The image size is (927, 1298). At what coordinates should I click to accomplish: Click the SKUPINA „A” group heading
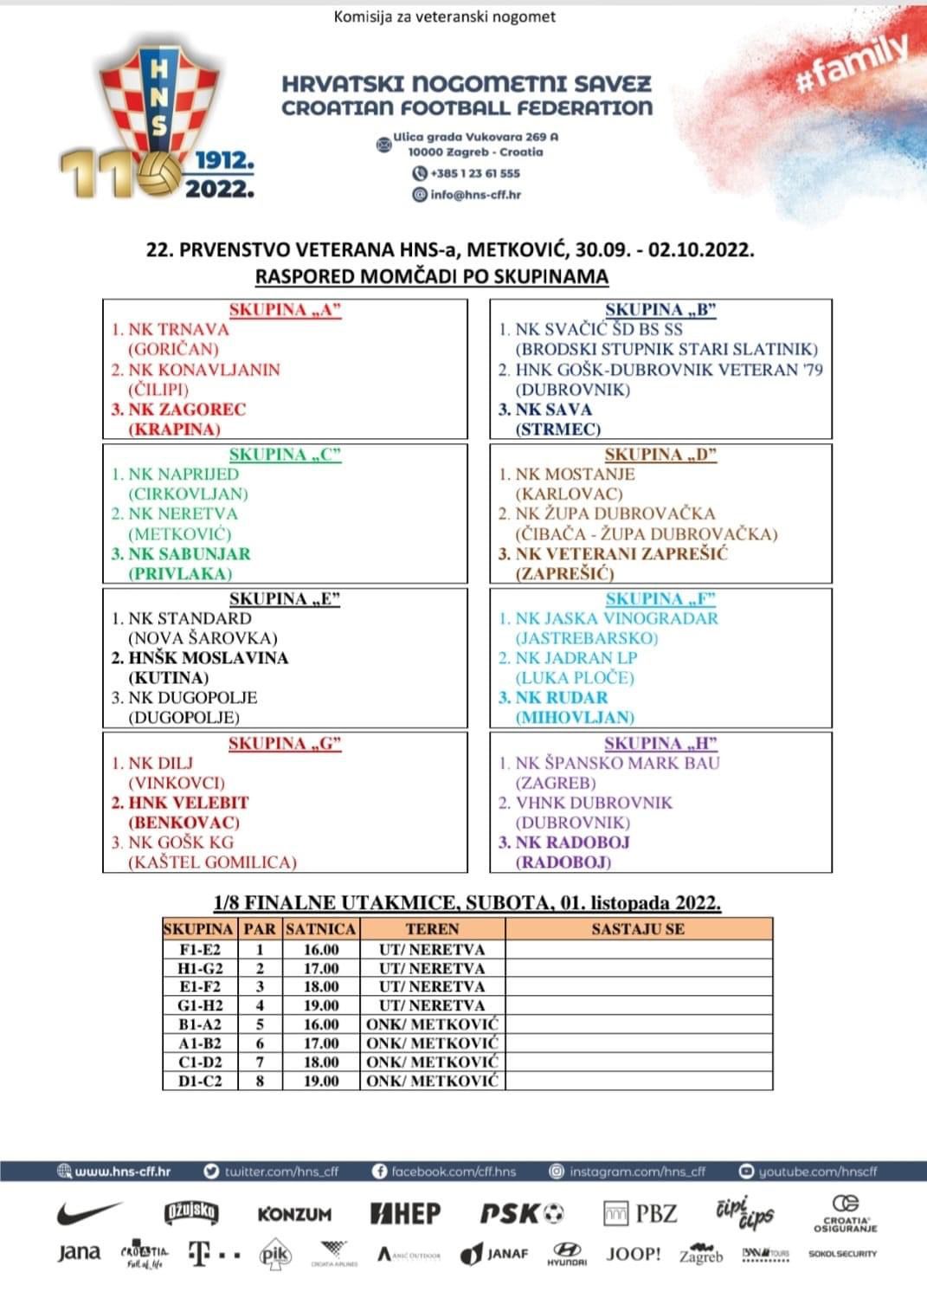coord(286,310)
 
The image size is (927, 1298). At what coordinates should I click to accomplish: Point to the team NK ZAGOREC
coord(187,410)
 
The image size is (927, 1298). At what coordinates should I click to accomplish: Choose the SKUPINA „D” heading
coord(661,455)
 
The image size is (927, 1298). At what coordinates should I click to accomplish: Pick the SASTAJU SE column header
coord(638,929)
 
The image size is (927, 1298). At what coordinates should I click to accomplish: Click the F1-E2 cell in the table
coord(199,949)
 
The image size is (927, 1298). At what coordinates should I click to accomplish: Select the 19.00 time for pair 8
coord(321,1081)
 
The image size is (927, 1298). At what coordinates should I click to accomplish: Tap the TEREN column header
coord(432,929)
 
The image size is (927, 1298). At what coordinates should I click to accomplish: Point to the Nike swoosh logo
coord(90,1212)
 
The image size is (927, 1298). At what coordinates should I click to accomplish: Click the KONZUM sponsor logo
coord(294,1214)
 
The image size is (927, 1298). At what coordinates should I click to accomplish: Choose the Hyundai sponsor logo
coord(567,1255)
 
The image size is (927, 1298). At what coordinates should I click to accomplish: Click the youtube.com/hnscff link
coord(808,1172)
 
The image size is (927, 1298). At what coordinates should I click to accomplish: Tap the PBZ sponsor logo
coord(641,1213)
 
